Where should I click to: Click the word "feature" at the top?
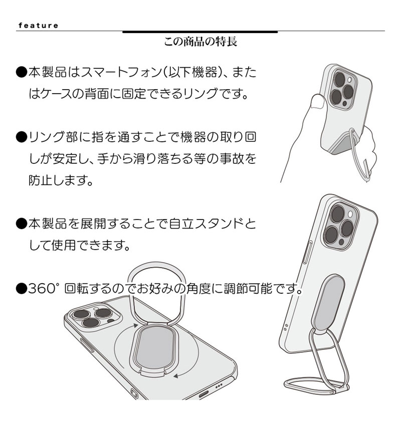[x=38, y=26]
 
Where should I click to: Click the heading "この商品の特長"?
[x=200, y=42]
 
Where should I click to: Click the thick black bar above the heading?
[x=200, y=32]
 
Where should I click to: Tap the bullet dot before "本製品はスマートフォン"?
[x=21, y=73]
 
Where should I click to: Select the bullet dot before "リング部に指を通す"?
[x=21, y=137]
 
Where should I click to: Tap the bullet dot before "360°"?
[x=21, y=289]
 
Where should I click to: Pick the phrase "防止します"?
[x=60, y=180]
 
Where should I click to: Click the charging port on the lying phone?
[x=204, y=395]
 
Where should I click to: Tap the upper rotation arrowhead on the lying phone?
[x=135, y=326]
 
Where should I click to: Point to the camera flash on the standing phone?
[x=350, y=214]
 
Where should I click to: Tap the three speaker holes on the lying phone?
[x=219, y=386]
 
